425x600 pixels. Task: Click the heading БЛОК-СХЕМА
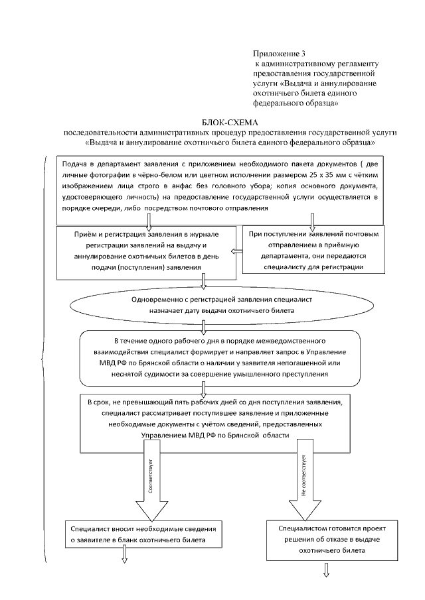[x=228, y=123]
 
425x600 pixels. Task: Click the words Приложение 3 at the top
[x=278, y=53]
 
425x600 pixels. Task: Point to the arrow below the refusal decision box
[x=326, y=570]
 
